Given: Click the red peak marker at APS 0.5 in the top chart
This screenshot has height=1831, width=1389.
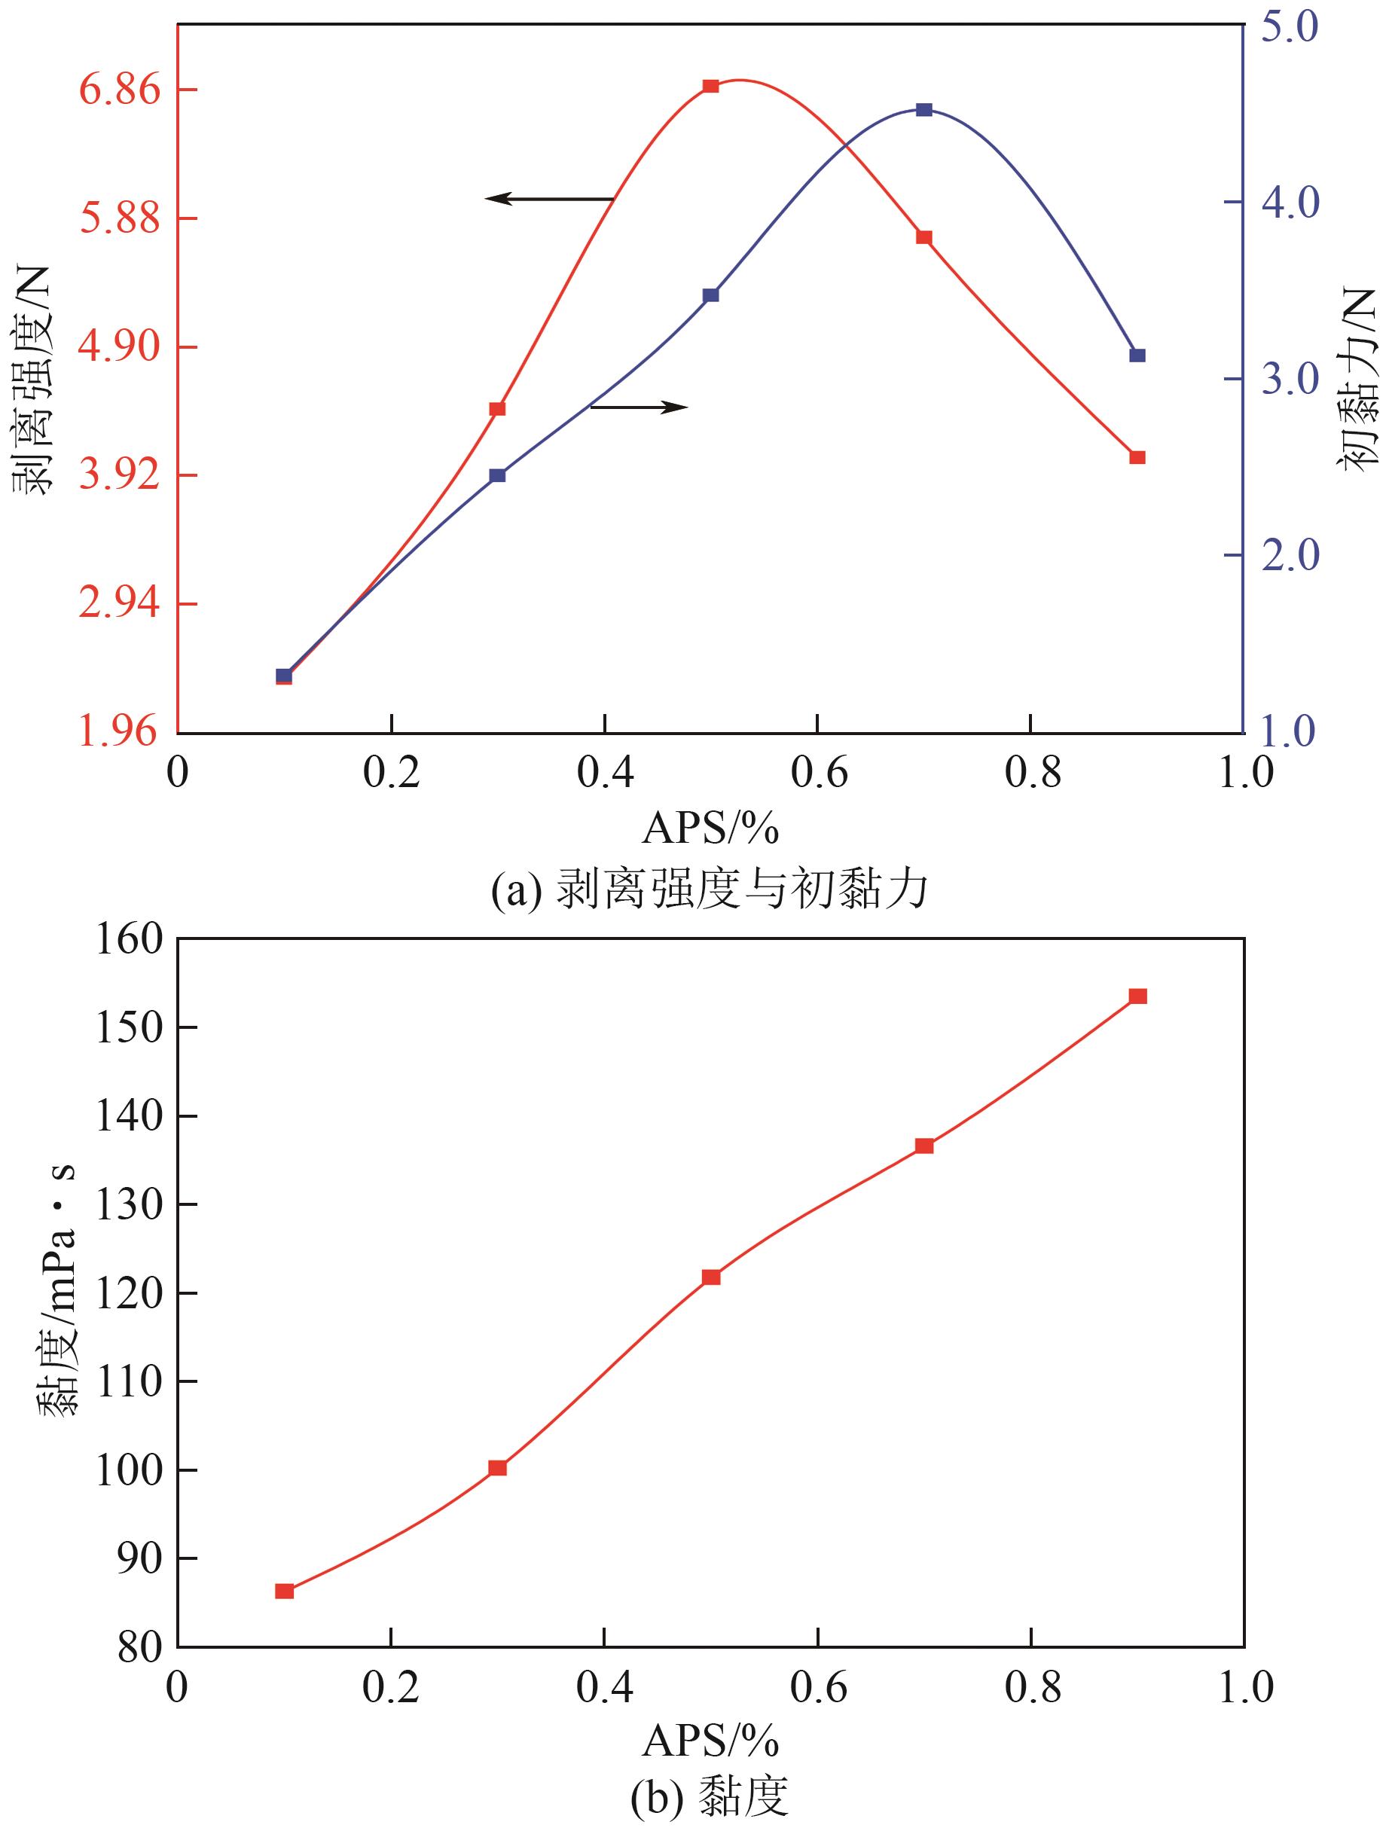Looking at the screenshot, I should [710, 86].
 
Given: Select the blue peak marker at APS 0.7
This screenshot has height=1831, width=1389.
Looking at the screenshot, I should [925, 110].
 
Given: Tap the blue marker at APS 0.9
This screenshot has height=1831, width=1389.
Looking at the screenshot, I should [1137, 355].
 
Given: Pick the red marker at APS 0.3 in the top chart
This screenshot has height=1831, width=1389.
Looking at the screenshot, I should [497, 409].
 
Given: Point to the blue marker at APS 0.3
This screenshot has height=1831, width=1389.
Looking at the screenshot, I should [497, 475].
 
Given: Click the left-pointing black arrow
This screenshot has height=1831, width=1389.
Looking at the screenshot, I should [548, 199].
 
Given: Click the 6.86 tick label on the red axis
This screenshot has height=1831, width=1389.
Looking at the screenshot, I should [120, 90].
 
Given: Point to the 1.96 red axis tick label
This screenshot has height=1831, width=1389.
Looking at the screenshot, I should [120, 732].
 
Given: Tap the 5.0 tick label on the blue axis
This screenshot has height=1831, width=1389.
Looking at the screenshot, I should [1290, 26].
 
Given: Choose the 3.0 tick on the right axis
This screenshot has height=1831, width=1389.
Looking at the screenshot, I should [1290, 379].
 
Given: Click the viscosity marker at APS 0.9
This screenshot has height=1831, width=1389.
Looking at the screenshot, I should [1138, 996].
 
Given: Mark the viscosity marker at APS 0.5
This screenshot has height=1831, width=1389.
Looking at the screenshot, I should [710, 1277].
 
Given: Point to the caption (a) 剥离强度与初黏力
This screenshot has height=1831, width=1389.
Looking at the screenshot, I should [710, 890].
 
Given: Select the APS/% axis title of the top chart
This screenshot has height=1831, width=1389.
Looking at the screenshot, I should [710, 828].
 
